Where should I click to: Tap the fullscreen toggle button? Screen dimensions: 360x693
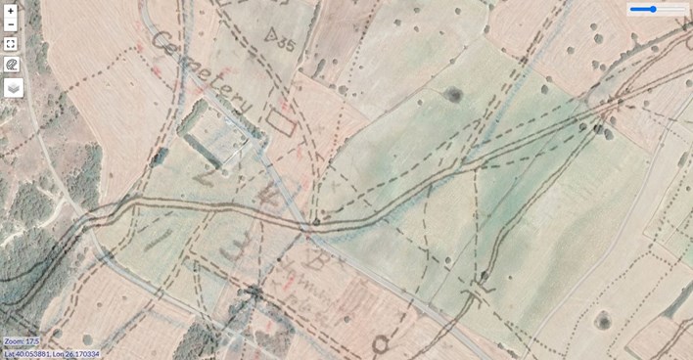(x=11, y=43)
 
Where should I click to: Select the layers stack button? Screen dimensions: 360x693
(x=12, y=87)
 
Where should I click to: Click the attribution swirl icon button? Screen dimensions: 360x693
(x=12, y=65)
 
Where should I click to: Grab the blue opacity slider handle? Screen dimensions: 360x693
(x=652, y=9)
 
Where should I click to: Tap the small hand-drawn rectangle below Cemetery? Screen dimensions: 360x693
(x=281, y=120)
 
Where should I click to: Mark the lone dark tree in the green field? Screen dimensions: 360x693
(x=452, y=95)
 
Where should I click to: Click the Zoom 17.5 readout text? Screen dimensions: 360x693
(x=21, y=341)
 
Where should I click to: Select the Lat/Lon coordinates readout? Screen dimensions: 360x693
(x=51, y=352)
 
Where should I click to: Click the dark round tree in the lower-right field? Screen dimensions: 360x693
(x=603, y=319)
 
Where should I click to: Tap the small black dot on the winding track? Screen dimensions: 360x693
(x=316, y=223)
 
